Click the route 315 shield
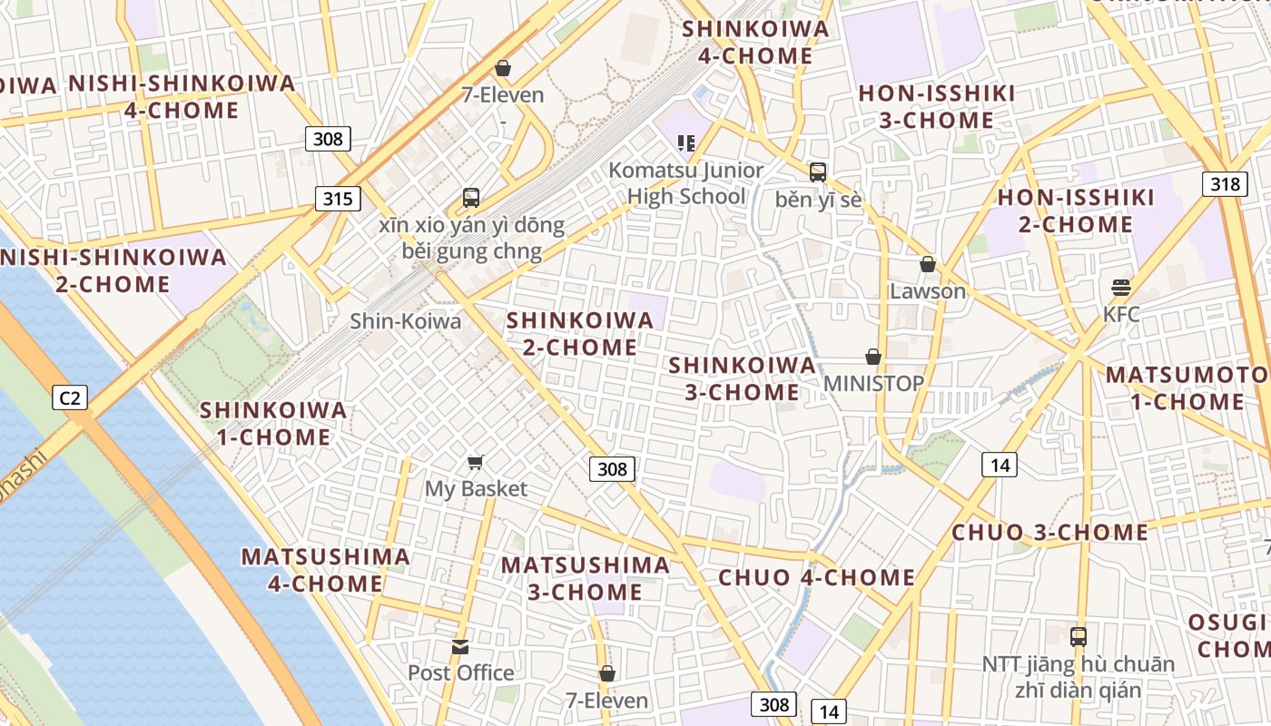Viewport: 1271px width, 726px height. pos(337,199)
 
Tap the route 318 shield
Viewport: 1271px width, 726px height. pos(1224,184)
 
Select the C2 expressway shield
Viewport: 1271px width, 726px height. pos(69,397)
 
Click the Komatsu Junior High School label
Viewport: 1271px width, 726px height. pos(685,183)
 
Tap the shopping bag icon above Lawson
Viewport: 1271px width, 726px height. pos(927,264)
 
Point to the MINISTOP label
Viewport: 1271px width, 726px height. pos(872,383)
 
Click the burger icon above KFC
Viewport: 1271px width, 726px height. pos(1120,288)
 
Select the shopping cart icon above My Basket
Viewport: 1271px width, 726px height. pos(475,463)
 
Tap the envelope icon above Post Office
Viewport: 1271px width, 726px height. pos(460,647)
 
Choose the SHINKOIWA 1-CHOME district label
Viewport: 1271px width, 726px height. pos(273,424)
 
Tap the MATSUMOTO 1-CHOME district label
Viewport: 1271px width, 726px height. pos(1187,388)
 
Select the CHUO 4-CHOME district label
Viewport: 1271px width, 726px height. pos(816,577)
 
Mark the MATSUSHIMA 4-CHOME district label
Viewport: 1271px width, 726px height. pos(325,570)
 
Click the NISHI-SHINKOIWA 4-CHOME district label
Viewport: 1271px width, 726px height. pos(182,97)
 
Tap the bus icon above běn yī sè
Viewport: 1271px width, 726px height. pos(817,172)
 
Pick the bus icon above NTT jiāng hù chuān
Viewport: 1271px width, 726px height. pos(1078,636)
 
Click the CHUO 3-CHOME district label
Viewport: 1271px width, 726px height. pos(1049,532)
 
